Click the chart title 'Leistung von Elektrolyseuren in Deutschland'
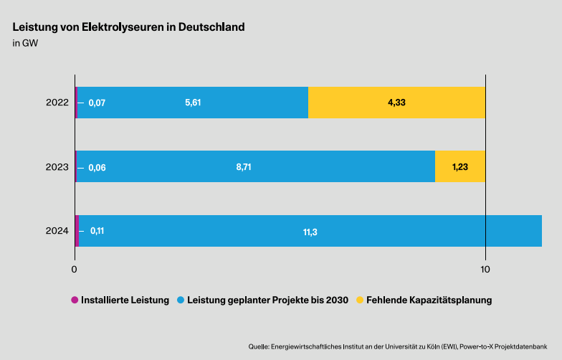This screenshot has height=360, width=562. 129,27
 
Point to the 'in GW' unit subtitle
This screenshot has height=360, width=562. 25,44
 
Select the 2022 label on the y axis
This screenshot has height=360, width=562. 57,103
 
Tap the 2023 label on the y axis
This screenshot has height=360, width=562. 57,166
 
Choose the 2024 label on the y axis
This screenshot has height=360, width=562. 57,230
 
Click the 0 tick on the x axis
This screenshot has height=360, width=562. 75,270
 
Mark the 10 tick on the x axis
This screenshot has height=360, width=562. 485,270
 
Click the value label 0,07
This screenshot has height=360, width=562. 97,103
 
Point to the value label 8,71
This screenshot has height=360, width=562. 244,167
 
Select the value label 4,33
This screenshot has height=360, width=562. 396,103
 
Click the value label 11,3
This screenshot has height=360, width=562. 310,232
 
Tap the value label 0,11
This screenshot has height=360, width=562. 97,231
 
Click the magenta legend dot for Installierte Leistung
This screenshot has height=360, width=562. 74,300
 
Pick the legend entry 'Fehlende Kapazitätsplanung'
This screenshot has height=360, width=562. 429,300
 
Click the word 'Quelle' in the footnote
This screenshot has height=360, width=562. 259,347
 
